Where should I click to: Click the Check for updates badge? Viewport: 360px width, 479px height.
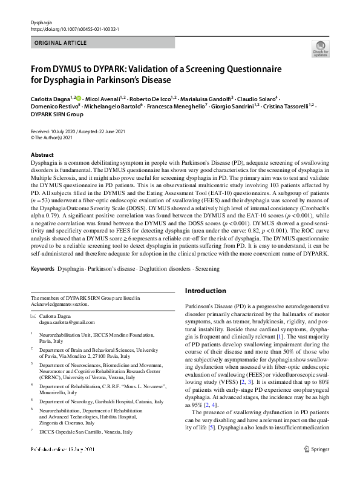pyautogui.click(x=319, y=48)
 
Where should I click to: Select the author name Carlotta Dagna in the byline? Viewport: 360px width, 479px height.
pyautogui.click(x=50, y=98)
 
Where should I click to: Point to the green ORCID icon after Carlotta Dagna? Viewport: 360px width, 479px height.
pyautogui.click(x=78, y=98)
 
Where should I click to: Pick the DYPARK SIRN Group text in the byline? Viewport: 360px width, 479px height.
pyautogui.click(x=57, y=114)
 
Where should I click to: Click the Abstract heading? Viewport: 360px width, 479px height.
pyautogui.click(x=42, y=155)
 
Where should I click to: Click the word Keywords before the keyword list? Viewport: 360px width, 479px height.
pyautogui.click(x=43, y=268)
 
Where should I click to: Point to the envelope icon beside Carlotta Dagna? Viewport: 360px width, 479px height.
pyautogui.click(x=33, y=316)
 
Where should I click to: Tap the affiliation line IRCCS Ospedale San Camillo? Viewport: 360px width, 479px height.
pyautogui.click(x=85, y=432)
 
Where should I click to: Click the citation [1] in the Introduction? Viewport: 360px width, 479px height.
pyautogui.click(x=280, y=336)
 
